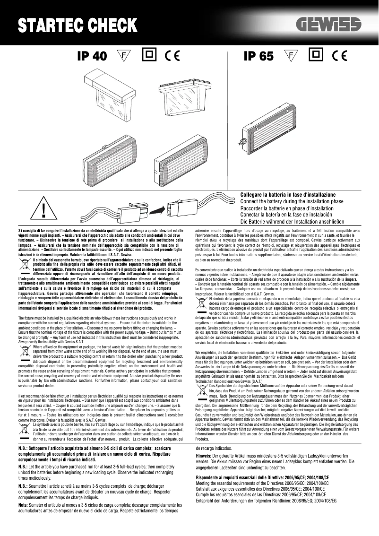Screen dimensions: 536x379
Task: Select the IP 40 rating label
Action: [x=92, y=56]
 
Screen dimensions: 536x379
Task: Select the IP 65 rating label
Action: [x=258, y=56]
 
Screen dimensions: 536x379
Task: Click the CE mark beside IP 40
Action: [x=172, y=56]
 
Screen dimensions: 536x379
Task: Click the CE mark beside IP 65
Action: [x=339, y=56]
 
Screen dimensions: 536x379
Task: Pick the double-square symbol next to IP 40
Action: [x=148, y=55]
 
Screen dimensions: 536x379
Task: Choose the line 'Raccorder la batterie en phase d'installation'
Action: [x=287, y=208]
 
